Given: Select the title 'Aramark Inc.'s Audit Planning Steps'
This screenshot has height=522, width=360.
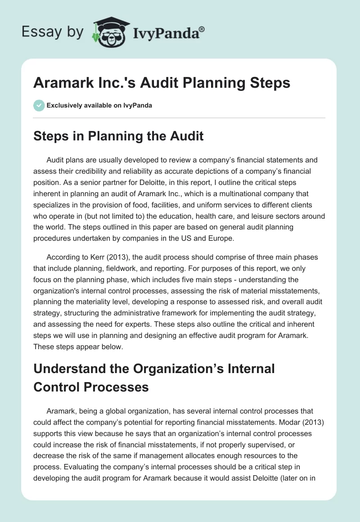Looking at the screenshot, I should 162,83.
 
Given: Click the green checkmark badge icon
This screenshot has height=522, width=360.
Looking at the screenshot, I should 39,105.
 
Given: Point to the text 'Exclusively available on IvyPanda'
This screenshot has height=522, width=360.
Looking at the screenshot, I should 99,106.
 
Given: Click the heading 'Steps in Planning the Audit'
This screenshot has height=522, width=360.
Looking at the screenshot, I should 118,136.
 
